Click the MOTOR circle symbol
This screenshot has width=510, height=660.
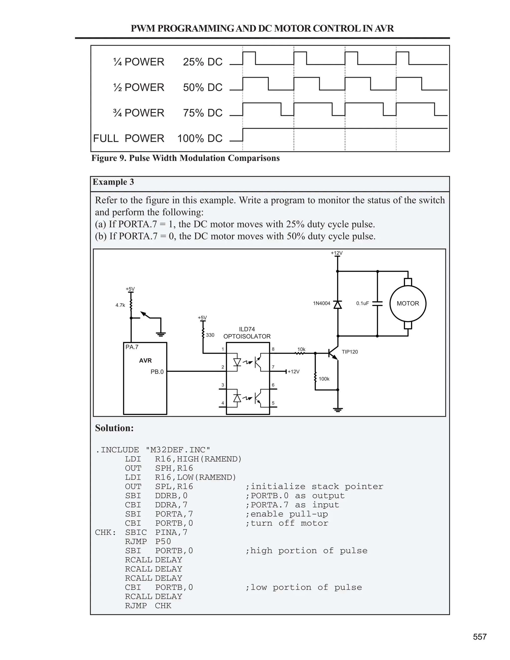[408, 303]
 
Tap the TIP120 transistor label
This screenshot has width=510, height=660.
[350, 352]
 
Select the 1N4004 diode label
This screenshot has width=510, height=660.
[321, 303]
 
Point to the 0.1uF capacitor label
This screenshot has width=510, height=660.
[362, 303]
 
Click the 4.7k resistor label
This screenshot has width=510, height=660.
[120, 305]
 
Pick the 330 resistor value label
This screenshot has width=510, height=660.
[210, 335]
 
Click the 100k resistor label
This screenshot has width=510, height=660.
[324, 379]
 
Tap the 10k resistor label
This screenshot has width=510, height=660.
[301, 349]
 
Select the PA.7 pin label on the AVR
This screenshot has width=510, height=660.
[132, 347]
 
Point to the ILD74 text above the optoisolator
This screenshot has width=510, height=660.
[247, 329]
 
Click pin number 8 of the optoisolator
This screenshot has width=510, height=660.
[273, 349]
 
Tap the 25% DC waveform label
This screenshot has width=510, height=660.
[202, 62]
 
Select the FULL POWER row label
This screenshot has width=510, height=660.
[128, 138]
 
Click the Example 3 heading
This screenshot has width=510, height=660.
[113, 182]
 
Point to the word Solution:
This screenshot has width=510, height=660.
[114, 428]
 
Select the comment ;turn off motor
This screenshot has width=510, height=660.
[286, 523]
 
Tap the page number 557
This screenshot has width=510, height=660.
[479, 637]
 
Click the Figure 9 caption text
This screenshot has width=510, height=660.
[185, 158]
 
